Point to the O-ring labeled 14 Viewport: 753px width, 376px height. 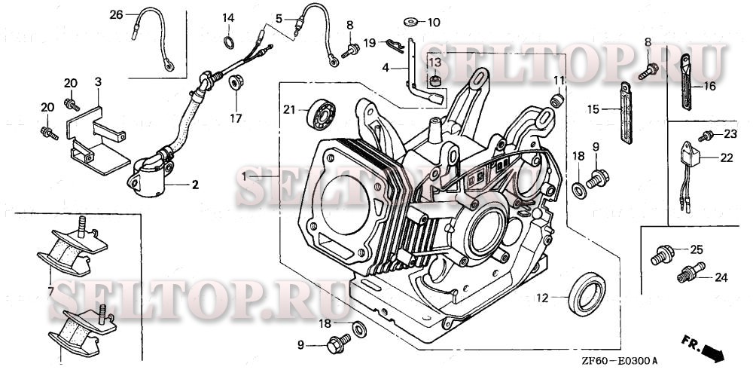tap(229, 40)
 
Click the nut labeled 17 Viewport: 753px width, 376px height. tap(235, 81)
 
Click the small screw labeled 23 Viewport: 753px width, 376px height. tap(706, 136)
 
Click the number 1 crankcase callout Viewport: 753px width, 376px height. tap(243, 176)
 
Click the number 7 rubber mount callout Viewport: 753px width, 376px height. tap(50, 289)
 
